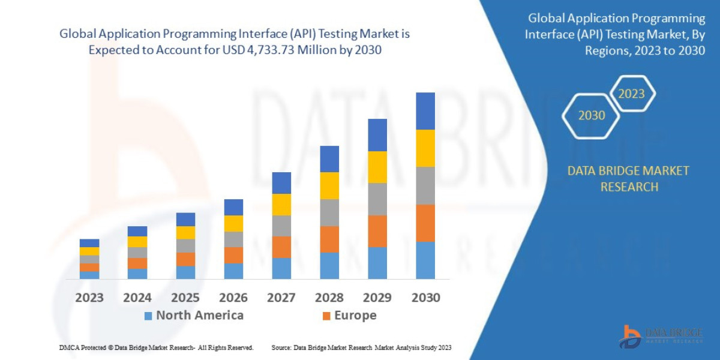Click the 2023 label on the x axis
[89, 298]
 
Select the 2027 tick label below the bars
[281, 298]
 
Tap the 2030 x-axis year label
[425, 298]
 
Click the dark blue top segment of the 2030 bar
[425, 111]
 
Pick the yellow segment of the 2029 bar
[377, 167]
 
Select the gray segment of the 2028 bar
[329, 212]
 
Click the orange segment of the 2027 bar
[281, 247]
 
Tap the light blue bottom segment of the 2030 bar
[425, 260]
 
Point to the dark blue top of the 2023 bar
[89, 243]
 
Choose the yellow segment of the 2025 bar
[185, 233]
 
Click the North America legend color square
[148, 316]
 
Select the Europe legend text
[355, 316]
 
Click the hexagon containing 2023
[631, 94]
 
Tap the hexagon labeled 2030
[591, 115]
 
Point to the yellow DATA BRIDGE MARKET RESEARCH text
[628, 179]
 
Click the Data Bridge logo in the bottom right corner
[661, 336]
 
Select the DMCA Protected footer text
[156, 347]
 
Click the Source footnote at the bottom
[361, 347]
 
